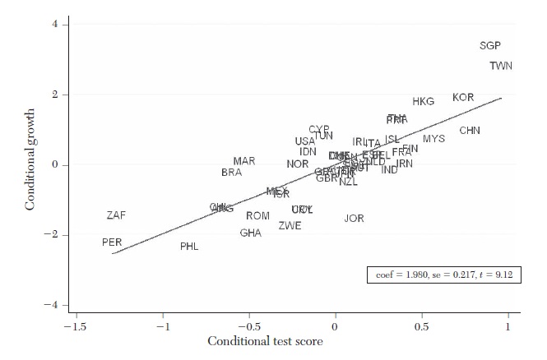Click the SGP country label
coord(490,46)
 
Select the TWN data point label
coord(500,66)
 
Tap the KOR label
coord(463,98)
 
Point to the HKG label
coord(423,102)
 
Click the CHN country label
coord(470,131)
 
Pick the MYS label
coord(433,139)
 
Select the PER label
coord(112,242)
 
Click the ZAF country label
coord(116,215)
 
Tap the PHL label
coord(189,247)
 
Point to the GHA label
coord(251,233)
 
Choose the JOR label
coord(354,219)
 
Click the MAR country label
coord(244,161)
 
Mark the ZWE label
coord(290,226)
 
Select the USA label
coord(305,141)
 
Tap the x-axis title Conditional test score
coord(265,340)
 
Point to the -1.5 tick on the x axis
coord(76,325)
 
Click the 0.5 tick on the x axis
coord(421,325)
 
